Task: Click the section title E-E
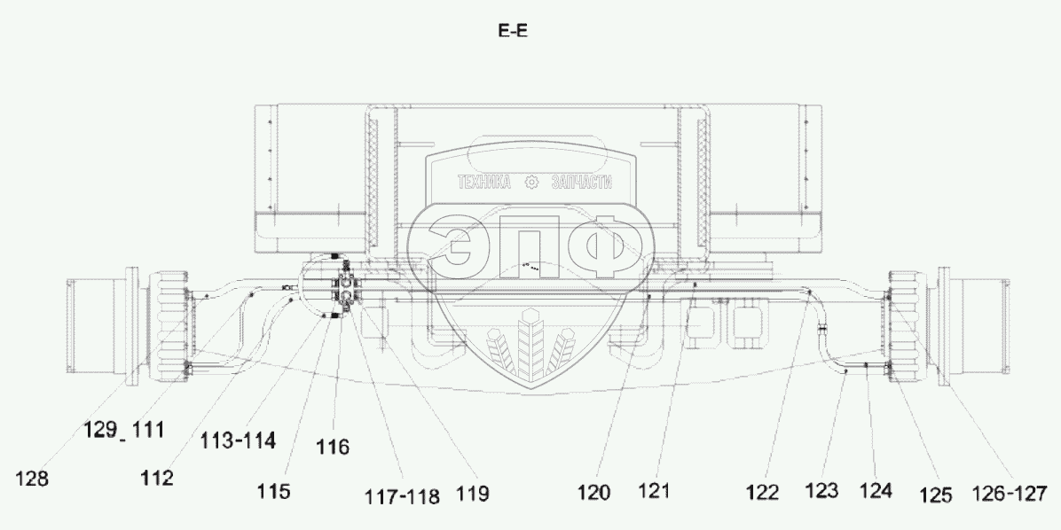[514, 31]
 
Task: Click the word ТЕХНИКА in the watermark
[484, 183]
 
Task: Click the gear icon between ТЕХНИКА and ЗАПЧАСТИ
[532, 183]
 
